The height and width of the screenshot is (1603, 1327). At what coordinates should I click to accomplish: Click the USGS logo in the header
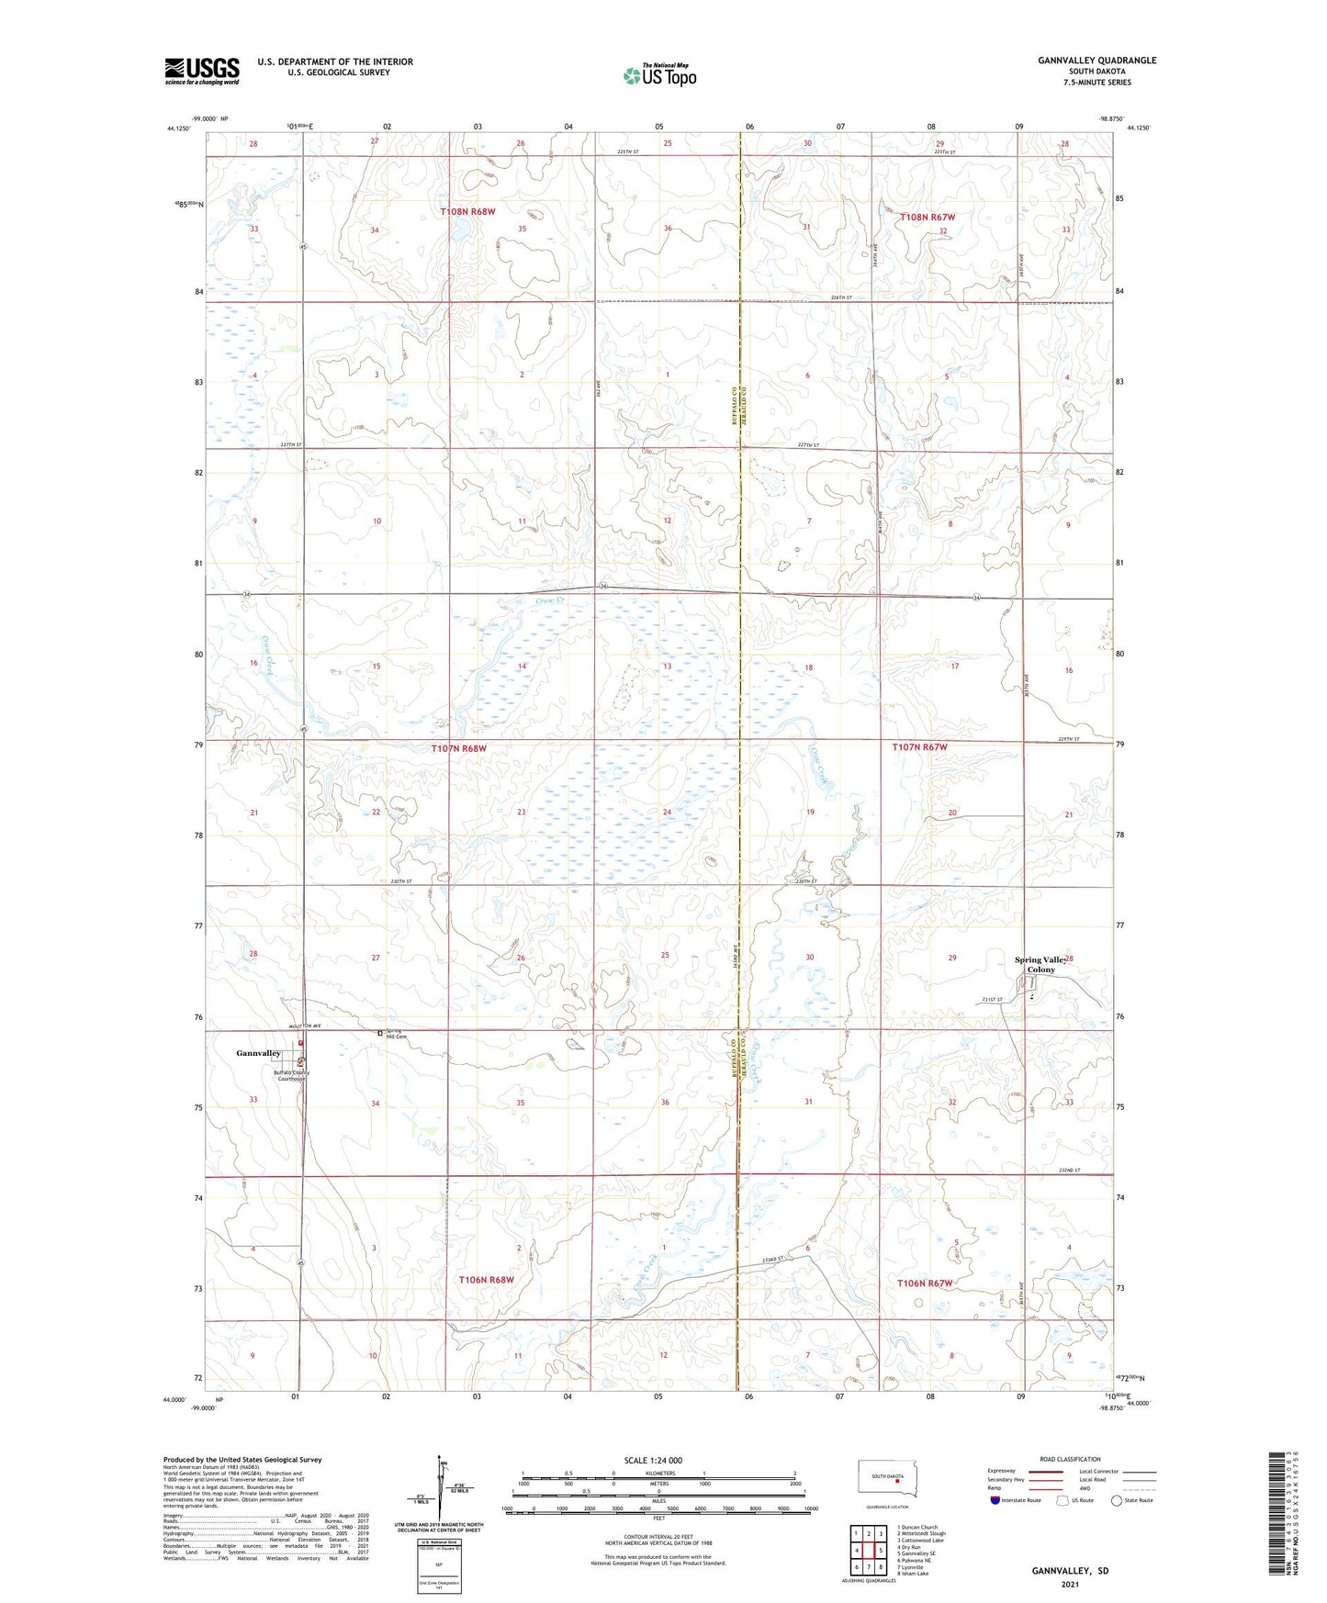coord(202,71)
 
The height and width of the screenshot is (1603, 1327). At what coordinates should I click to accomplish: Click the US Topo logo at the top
coord(659,75)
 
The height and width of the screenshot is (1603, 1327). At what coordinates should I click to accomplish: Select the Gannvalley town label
coord(258,1053)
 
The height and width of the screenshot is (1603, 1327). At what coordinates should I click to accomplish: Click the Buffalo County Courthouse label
coord(290,1075)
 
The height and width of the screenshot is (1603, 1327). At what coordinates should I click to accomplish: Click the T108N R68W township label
coord(467,212)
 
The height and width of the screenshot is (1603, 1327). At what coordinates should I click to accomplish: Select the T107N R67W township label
coord(919,747)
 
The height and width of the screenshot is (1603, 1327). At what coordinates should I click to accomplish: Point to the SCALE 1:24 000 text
coord(653,1461)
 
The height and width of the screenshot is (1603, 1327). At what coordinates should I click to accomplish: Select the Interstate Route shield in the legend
coord(996,1500)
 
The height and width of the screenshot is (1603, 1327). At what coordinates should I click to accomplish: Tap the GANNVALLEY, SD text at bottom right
coord(1070,1571)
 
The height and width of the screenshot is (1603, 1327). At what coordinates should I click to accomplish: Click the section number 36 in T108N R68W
coord(668,229)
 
